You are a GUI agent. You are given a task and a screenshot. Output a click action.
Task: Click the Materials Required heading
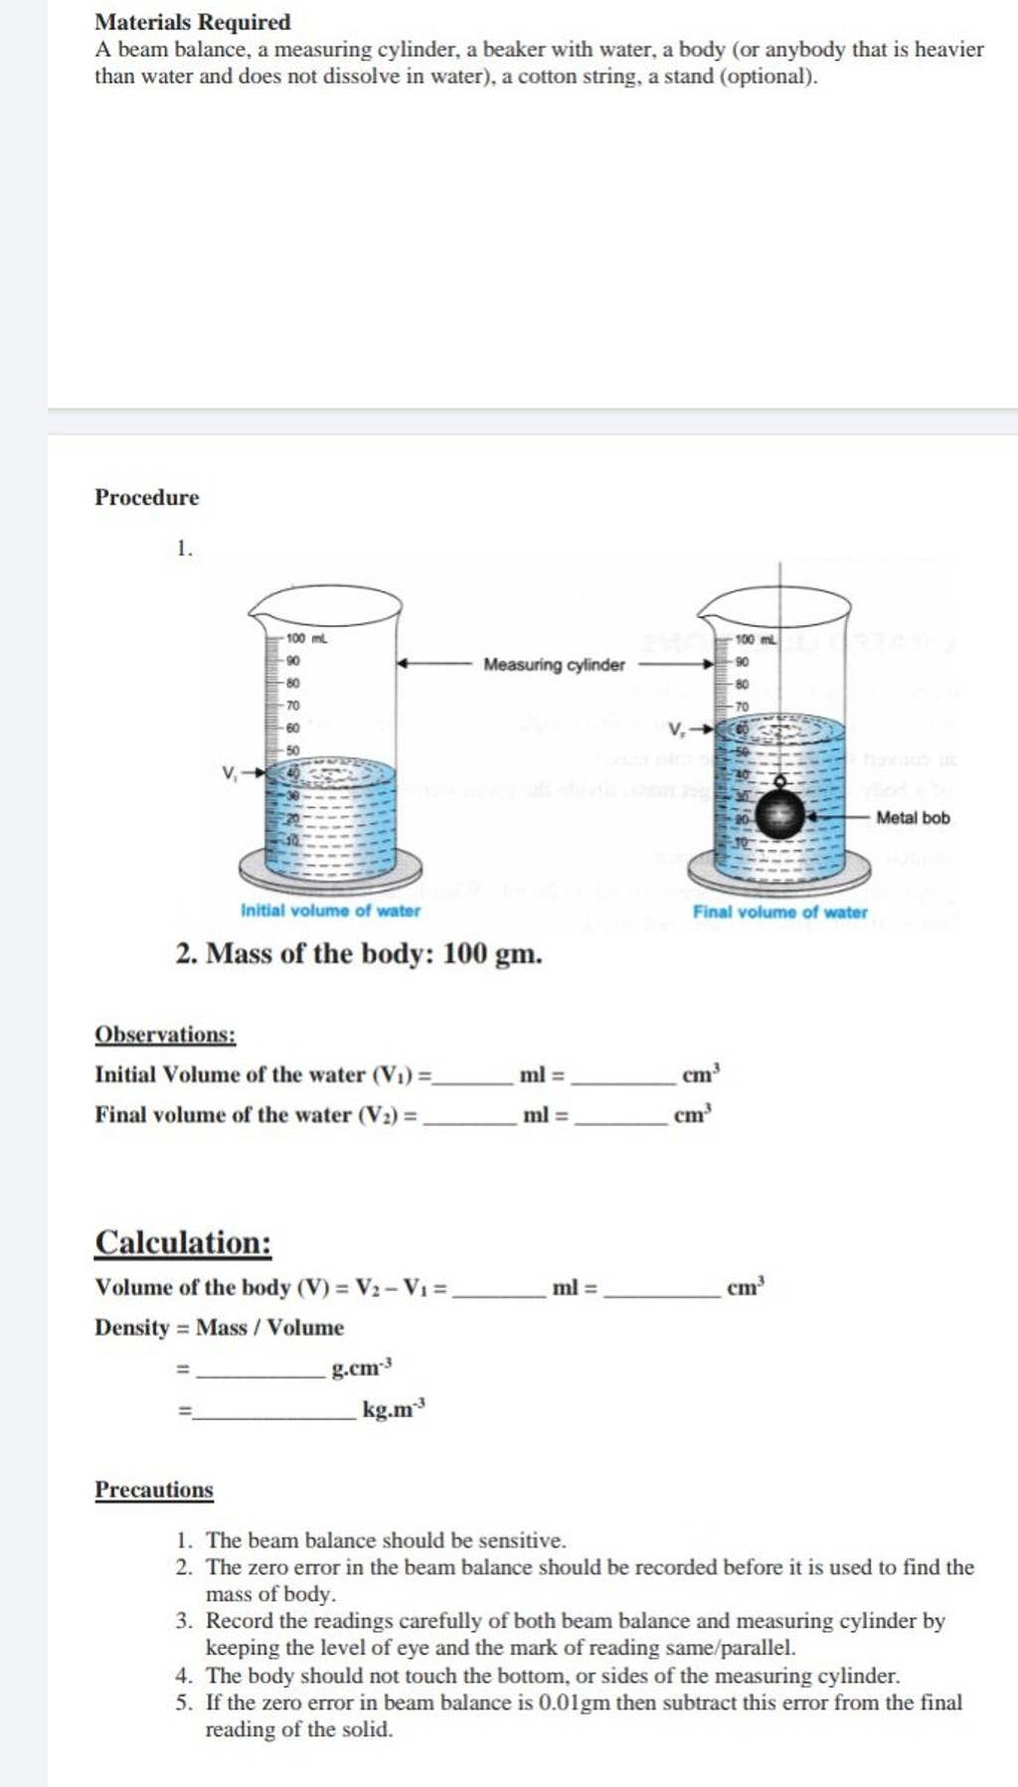192,22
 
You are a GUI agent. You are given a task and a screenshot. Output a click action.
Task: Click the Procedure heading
146,497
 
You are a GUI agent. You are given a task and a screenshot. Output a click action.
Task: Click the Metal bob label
913,817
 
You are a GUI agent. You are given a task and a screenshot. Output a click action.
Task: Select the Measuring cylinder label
554,664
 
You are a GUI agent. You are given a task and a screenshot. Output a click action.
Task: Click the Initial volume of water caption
330,909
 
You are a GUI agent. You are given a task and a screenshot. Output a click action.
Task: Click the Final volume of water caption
779,911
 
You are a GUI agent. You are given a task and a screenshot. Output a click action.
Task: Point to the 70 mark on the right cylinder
743,706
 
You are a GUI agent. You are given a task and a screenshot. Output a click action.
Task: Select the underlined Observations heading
165,1035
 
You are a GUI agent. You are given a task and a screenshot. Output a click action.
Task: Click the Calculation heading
183,1242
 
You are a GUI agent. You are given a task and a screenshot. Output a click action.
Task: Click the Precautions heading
154,1490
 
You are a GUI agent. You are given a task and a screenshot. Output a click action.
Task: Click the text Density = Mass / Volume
219,1328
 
